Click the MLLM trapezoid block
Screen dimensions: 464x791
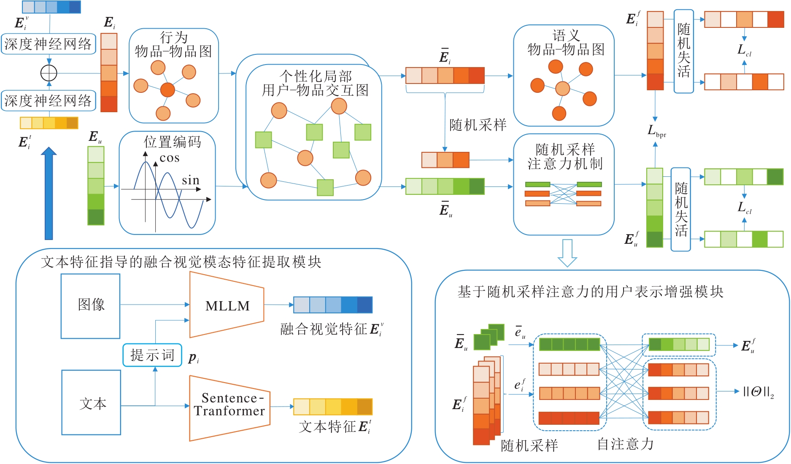pyautogui.click(x=227, y=305)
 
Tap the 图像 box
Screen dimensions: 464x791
pyautogui.click(x=91, y=305)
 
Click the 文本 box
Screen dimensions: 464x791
pyautogui.click(x=92, y=403)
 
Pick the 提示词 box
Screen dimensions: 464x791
pyautogui.click(x=152, y=355)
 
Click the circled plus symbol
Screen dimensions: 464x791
pyautogui.click(x=49, y=73)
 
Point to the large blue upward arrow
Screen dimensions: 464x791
pyautogui.click(x=49, y=194)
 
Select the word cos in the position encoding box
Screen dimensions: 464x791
pyautogui.click(x=170, y=158)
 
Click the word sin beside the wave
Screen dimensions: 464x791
pyautogui.click(x=191, y=181)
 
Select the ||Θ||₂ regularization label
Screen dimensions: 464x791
pyautogui.click(x=758, y=392)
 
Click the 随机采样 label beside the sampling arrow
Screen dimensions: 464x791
pyautogui.click(x=478, y=125)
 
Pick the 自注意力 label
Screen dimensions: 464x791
pyautogui.click(x=625, y=444)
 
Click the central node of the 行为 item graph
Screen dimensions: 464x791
pyautogui.click(x=167, y=89)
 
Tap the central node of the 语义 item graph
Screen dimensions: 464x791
pyautogui.click(x=562, y=89)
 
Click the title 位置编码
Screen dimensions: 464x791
pyautogui.click(x=172, y=142)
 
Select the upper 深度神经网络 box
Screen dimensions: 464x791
pyautogui.click(x=48, y=44)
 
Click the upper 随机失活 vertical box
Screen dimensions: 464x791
pyautogui.click(x=683, y=51)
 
